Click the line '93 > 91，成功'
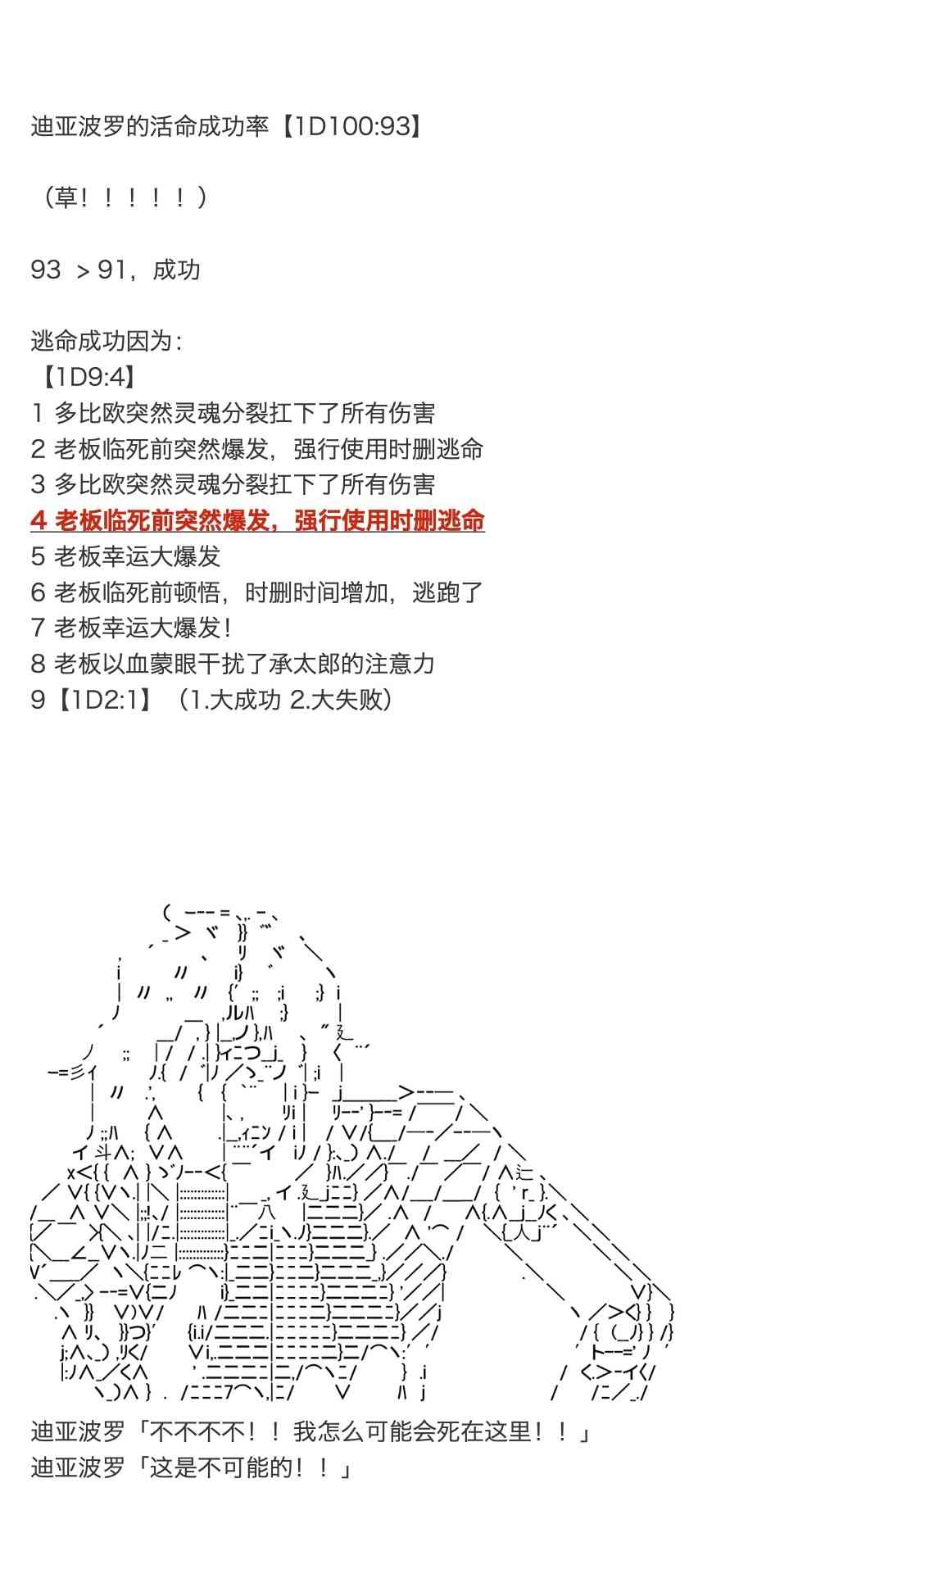click(115, 270)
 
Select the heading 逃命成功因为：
click(107, 341)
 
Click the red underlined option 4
click(257, 520)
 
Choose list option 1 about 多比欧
click(233, 413)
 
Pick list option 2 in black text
click(257, 449)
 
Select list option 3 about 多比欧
click(233, 484)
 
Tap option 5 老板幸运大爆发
click(126, 556)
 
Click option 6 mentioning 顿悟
click(257, 592)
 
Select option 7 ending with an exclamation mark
click(131, 628)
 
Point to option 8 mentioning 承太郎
click(233, 664)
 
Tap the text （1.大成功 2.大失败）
click(287, 700)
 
